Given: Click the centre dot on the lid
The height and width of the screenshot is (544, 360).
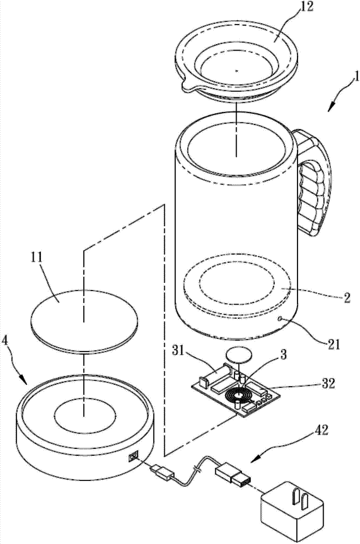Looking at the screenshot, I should (236, 70).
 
